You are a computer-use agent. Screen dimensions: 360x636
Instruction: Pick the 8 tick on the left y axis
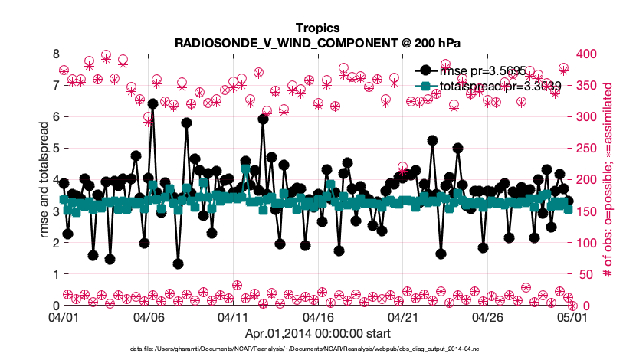55,54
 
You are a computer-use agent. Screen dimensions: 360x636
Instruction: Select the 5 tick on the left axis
55,149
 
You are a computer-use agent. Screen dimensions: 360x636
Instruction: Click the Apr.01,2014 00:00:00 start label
317,333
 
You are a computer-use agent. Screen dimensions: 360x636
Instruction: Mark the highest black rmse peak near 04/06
152,103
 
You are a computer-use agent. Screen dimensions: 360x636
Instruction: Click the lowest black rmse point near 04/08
178,263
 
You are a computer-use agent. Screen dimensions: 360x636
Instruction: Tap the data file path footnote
317,349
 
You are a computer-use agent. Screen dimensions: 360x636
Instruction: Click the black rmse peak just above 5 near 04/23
432,141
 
